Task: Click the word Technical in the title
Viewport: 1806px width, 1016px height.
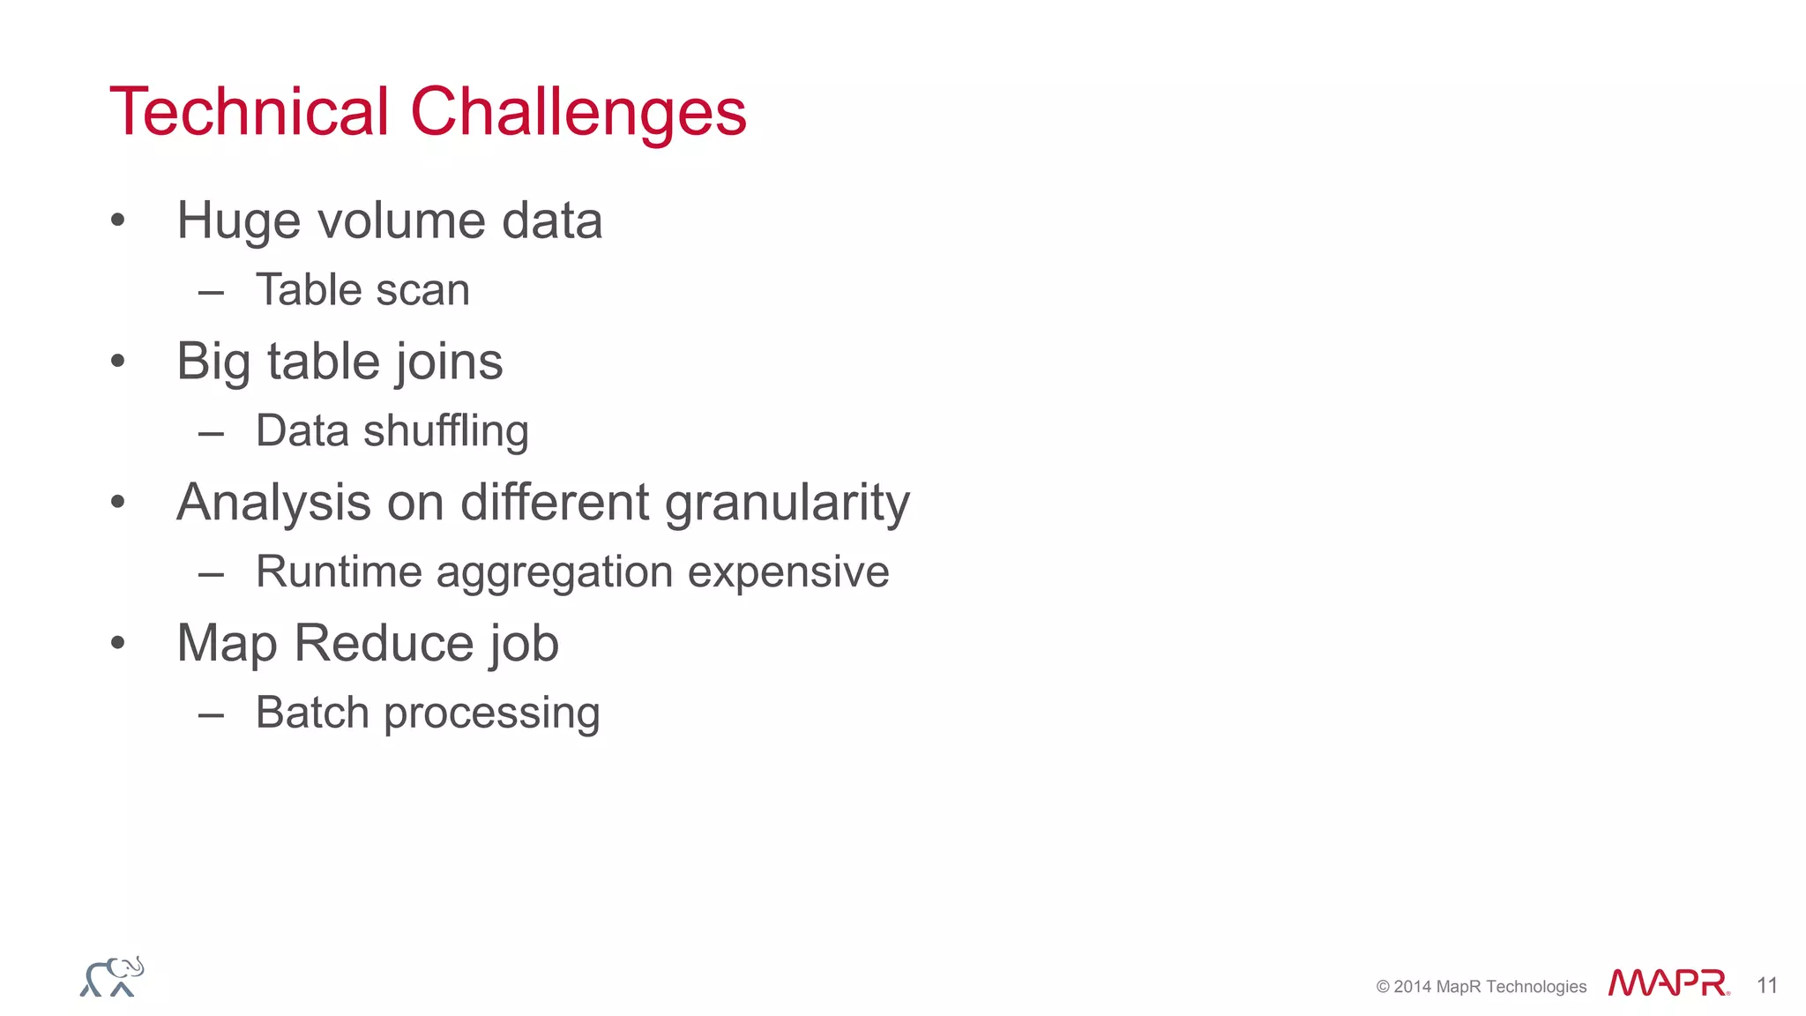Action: coord(249,112)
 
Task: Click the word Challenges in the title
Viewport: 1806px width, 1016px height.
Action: coord(578,114)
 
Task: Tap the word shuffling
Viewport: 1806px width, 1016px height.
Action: coord(445,432)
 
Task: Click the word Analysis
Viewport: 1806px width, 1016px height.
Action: coord(273,504)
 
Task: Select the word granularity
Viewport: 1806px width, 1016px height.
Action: coord(787,504)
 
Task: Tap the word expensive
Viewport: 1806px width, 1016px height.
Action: coord(788,573)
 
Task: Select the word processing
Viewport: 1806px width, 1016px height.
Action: coord(491,714)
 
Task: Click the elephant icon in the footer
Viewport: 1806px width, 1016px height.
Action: coord(112,977)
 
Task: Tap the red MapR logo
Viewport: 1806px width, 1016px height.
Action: coord(1668,983)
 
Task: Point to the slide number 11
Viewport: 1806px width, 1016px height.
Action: coord(1766,985)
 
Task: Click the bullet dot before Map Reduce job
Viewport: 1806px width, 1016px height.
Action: coord(118,643)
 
